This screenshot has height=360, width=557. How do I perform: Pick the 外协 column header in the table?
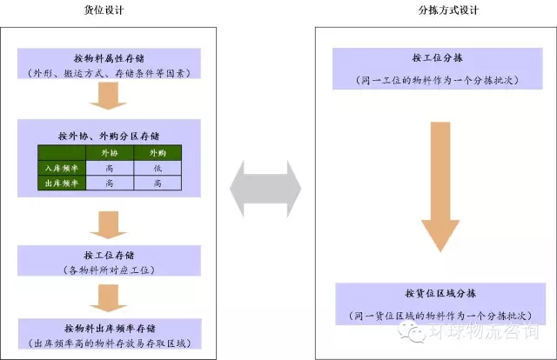109,152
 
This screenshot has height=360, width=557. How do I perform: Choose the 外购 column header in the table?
158,152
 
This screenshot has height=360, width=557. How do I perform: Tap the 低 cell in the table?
158,167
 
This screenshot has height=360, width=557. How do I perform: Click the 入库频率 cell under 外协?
109,167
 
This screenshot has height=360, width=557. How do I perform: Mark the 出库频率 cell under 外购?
158,183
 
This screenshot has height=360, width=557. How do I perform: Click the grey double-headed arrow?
265,188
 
